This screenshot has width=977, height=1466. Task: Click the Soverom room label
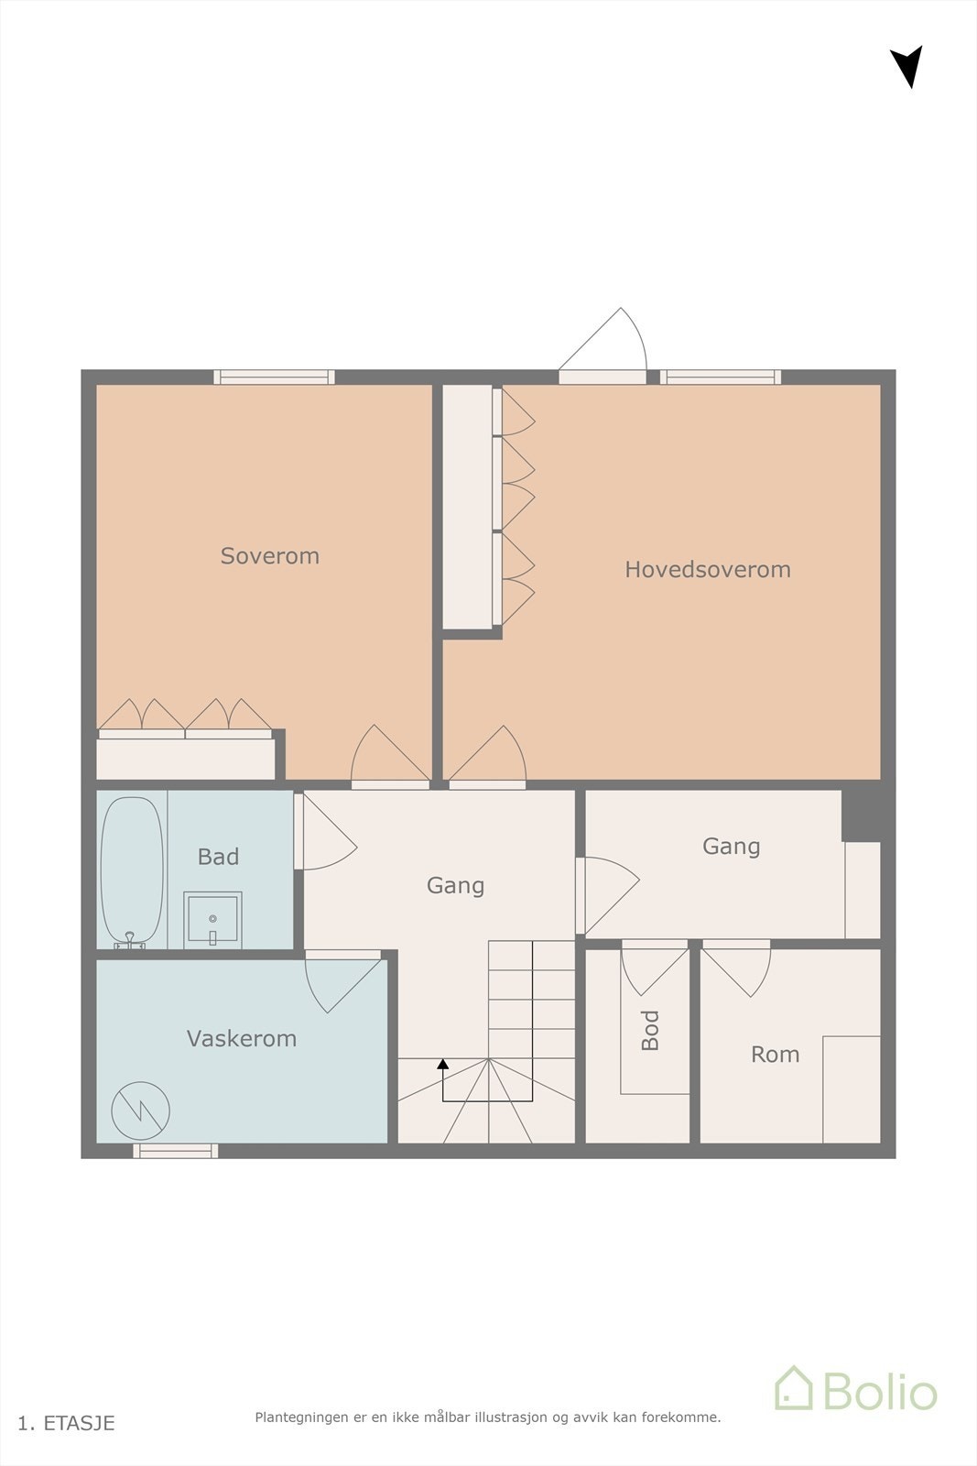tap(270, 556)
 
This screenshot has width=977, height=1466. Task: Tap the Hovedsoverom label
tap(707, 570)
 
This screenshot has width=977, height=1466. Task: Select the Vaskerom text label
tap(242, 1039)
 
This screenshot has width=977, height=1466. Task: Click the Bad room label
tap(218, 857)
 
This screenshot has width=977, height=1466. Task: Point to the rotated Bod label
tap(650, 1030)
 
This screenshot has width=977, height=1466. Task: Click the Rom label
tap(775, 1055)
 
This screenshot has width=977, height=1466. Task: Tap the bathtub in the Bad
tap(132, 870)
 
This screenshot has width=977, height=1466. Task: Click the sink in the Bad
tap(212, 919)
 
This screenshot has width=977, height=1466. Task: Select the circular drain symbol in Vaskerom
tap(140, 1110)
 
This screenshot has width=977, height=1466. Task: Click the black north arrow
tap(907, 65)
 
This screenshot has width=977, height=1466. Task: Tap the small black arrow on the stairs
tap(443, 1065)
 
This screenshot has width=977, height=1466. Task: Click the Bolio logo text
tap(879, 1392)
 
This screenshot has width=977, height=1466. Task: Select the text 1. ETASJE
tap(67, 1423)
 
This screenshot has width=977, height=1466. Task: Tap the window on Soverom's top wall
tap(274, 377)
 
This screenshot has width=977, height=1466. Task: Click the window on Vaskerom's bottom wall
tap(176, 1151)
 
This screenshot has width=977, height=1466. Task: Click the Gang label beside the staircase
tap(455, 886)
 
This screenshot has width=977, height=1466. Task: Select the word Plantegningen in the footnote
tap(301, 1417)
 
